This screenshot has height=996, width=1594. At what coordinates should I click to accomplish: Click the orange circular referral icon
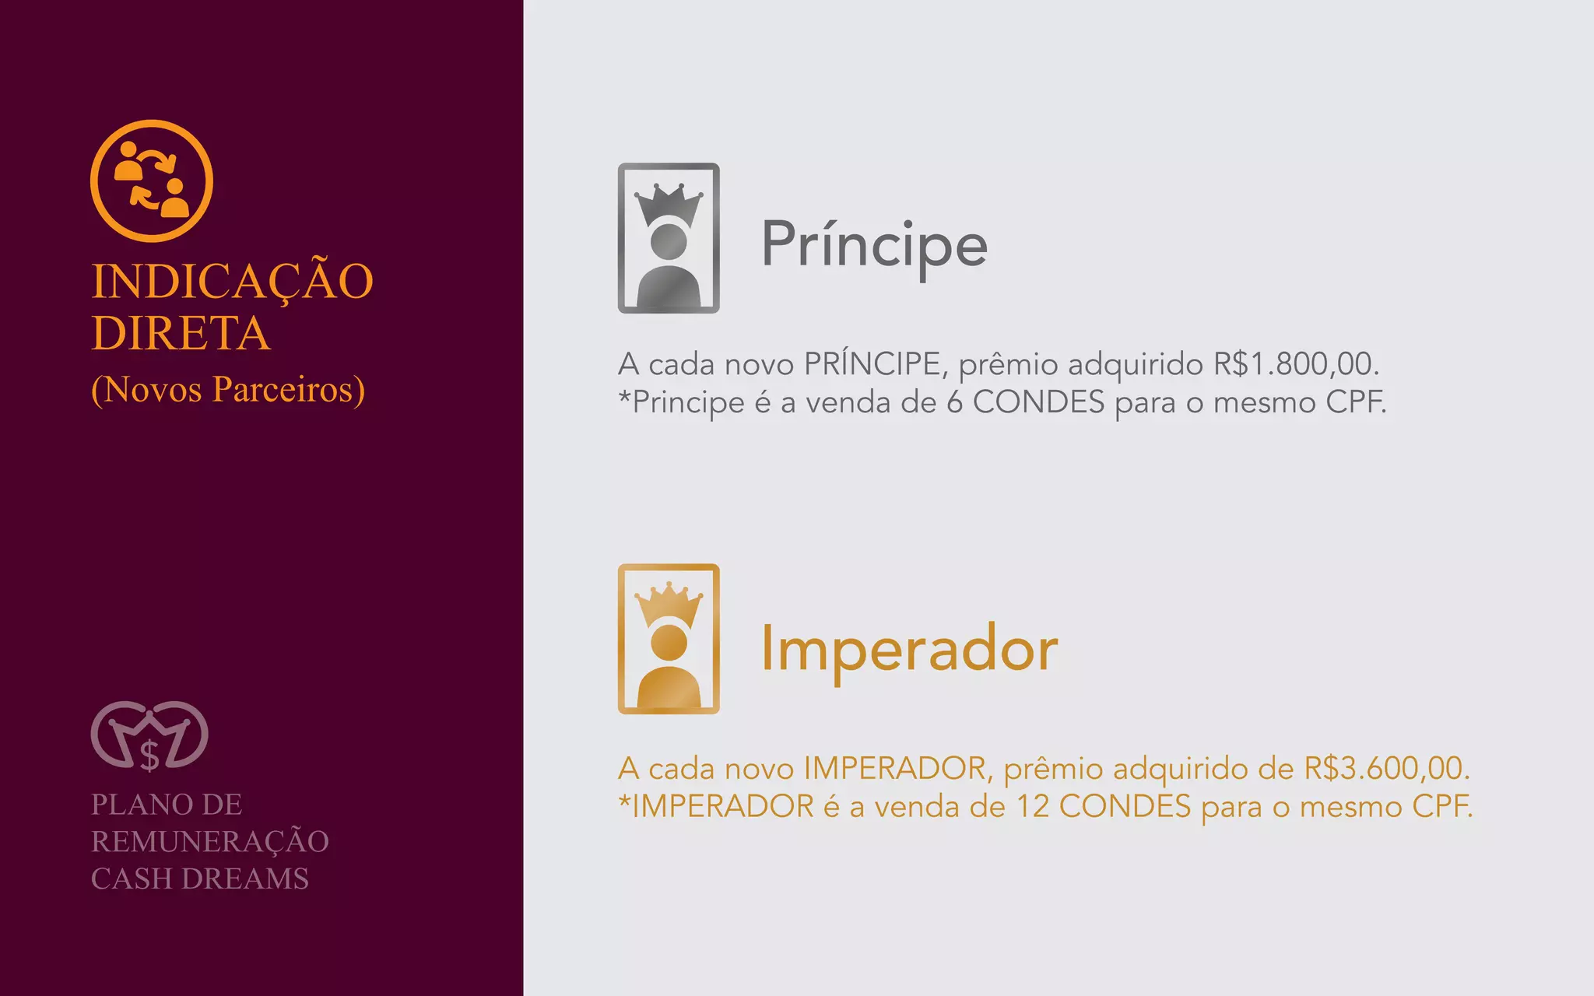152,181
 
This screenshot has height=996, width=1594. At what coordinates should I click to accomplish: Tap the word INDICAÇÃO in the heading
232,281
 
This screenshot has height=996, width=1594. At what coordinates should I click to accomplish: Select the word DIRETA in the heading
181,333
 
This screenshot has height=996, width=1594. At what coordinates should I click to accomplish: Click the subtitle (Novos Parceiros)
228,389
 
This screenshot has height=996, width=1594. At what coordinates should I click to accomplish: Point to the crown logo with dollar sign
149,736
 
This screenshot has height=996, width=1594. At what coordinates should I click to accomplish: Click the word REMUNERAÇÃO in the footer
210,841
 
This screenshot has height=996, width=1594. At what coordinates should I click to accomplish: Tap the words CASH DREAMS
200,879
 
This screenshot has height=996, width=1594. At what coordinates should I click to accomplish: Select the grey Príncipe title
874,244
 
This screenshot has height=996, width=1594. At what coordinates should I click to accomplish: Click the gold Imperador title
909,648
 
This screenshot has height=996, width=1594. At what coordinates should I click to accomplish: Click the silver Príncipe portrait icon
669,238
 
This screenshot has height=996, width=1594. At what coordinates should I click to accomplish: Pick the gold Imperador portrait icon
669,639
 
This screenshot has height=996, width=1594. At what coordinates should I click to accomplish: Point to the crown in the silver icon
669,205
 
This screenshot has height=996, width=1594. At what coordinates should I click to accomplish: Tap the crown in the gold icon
669,604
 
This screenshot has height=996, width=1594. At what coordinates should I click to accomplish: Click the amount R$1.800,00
1296,364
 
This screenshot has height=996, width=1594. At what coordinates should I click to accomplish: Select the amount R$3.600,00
1386,768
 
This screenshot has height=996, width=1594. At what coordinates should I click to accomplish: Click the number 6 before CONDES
954,402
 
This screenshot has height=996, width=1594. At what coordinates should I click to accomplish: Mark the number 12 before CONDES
1033,806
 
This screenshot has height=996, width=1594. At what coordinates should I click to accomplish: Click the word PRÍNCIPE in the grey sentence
872,363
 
